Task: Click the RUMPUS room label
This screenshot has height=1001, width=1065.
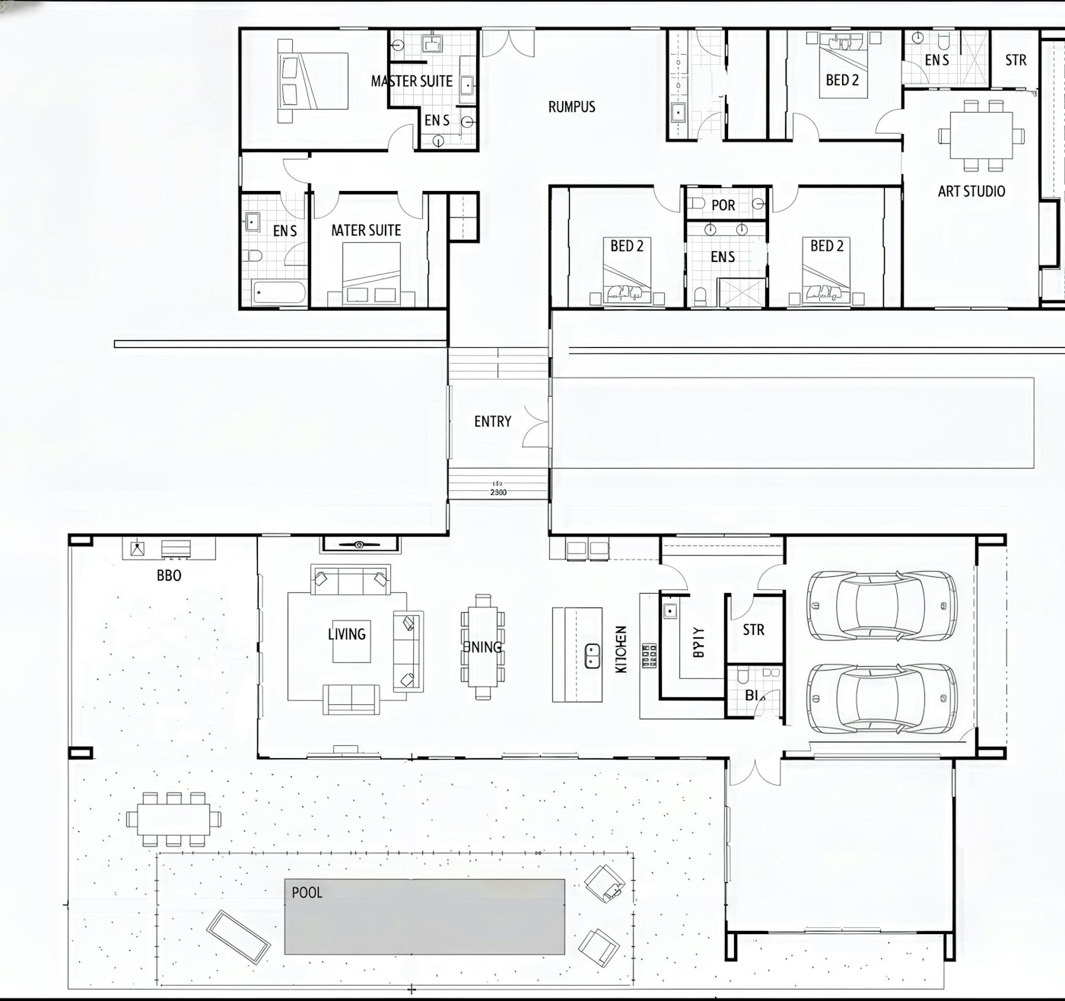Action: point(571,107)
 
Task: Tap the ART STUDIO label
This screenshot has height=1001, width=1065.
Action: point(971,191)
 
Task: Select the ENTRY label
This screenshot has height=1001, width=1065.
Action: point(492,422)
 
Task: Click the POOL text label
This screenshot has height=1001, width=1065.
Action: point(307,892)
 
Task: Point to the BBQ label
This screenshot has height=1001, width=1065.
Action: point(169,576)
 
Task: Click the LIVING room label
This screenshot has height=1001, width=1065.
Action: point(347,634)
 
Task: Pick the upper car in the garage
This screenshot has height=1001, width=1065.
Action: point(881,605)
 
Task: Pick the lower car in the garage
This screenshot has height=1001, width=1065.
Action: point(881,698)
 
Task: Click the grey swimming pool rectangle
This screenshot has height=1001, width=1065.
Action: point(424,917)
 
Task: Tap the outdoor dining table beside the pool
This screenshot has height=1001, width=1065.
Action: point(174,819)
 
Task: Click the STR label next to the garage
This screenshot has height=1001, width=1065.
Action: point(753,630)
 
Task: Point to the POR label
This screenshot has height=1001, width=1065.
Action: point(723,206)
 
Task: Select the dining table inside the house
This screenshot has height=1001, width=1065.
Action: point(482,647)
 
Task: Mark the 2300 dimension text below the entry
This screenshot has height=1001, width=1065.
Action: point(498,493)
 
